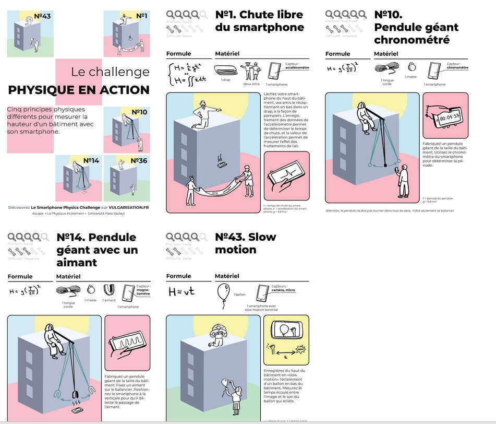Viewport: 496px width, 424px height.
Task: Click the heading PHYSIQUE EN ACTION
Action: point(79,90)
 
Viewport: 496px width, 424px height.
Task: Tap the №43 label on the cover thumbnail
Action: point(42,16)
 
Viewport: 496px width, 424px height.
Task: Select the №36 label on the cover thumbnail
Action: point(138,161)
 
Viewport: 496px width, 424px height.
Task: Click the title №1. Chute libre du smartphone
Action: point(259,21)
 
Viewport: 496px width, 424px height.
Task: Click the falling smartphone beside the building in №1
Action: point(223,164)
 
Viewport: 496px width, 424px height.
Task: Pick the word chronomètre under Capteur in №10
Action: point(457,68)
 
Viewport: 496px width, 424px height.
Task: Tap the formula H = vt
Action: point(181,291)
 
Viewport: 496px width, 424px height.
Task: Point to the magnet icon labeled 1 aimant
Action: point(108,289)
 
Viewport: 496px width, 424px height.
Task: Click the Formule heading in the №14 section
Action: point(20,277)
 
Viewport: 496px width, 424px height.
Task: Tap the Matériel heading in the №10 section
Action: point(386,54)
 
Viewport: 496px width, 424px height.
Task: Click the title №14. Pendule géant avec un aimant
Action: point(97,250)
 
